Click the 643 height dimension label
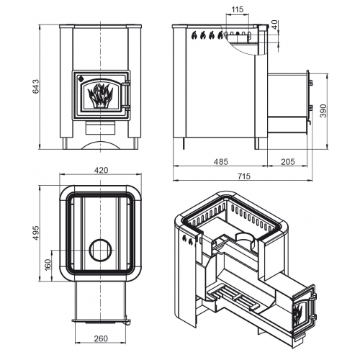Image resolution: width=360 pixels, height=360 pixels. coord(36,86)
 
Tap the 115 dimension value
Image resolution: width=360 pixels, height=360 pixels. coord(238,9)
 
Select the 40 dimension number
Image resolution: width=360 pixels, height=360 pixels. coord(274,24)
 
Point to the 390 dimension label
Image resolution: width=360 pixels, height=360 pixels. coord(324,111)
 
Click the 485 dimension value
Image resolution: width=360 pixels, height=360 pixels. coord(221,162)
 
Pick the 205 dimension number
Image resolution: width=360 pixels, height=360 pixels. coord(287,162)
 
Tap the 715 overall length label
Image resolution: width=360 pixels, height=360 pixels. coord(244,176)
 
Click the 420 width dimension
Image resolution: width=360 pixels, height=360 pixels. coord(101,170)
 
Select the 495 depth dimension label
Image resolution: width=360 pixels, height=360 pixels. coord(36,233)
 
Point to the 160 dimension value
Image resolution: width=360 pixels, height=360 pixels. coord(48,264)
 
